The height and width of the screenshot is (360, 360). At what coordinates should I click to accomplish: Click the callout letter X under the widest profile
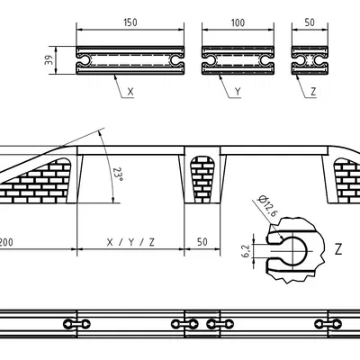(130, 92)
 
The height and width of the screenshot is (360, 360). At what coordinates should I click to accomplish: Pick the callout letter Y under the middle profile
(237, 92)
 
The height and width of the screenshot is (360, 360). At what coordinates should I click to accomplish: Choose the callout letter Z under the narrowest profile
(312, 92)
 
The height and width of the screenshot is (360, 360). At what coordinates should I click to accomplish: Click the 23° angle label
(117, 170)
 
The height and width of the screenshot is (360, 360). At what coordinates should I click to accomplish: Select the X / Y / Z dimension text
(130, 243)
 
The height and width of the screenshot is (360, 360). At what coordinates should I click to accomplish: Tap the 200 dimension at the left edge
(6, 243)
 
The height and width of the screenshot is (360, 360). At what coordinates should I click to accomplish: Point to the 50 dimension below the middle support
(201, 243)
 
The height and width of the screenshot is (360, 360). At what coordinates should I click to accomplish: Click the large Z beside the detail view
(337, 247)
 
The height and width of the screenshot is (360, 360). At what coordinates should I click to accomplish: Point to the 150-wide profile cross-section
(130, 58)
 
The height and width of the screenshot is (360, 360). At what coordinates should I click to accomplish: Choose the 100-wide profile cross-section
(237, 58)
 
